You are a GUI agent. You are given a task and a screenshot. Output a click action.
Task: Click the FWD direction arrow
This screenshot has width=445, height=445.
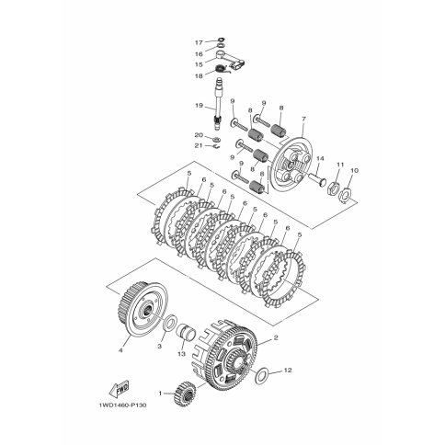click(x=120, y=389)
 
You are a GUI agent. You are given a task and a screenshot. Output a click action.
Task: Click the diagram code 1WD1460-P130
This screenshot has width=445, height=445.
click(x=122, y=405)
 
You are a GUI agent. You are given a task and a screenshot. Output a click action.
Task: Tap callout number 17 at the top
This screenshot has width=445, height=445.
click(x=199, y=42)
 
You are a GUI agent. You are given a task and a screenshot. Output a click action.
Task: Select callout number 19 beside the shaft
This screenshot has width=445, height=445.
click(x=199, y=106)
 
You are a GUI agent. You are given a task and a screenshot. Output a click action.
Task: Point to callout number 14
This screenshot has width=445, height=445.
click(x=320, y=158)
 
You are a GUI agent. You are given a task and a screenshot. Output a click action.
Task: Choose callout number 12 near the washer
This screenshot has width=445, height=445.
click(x=288, y=371)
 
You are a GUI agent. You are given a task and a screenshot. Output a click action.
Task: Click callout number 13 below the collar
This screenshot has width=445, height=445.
click(x=181, y=354)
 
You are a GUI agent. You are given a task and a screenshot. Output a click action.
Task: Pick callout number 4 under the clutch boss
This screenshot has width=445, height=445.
click(x=120, y=350)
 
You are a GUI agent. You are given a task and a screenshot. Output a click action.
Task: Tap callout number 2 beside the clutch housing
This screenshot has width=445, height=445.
click(x=276, y=337)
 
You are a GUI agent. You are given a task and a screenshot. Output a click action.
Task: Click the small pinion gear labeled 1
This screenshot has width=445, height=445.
click(x=186, y=394)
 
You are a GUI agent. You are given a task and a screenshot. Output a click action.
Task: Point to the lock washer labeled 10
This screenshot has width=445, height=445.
click(x=346, y=194)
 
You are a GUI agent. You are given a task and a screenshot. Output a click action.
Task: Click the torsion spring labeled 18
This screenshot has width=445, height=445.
click(x=220, y=69)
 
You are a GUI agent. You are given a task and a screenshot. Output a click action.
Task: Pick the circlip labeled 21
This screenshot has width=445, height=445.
click(x=217, y=146)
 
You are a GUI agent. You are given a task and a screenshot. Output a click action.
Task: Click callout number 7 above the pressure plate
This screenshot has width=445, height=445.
click(x=303, y=119)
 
